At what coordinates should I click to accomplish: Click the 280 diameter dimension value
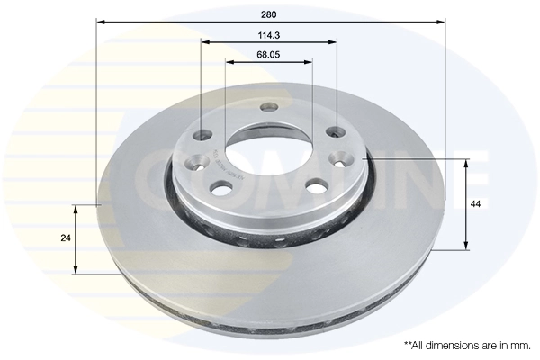(269, 13)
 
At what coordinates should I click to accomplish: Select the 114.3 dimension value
(269, 35)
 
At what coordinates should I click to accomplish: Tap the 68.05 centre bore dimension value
(269, 56)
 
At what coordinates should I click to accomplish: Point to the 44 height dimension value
(476, 205)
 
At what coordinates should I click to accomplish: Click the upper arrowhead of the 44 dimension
(466, 163)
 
